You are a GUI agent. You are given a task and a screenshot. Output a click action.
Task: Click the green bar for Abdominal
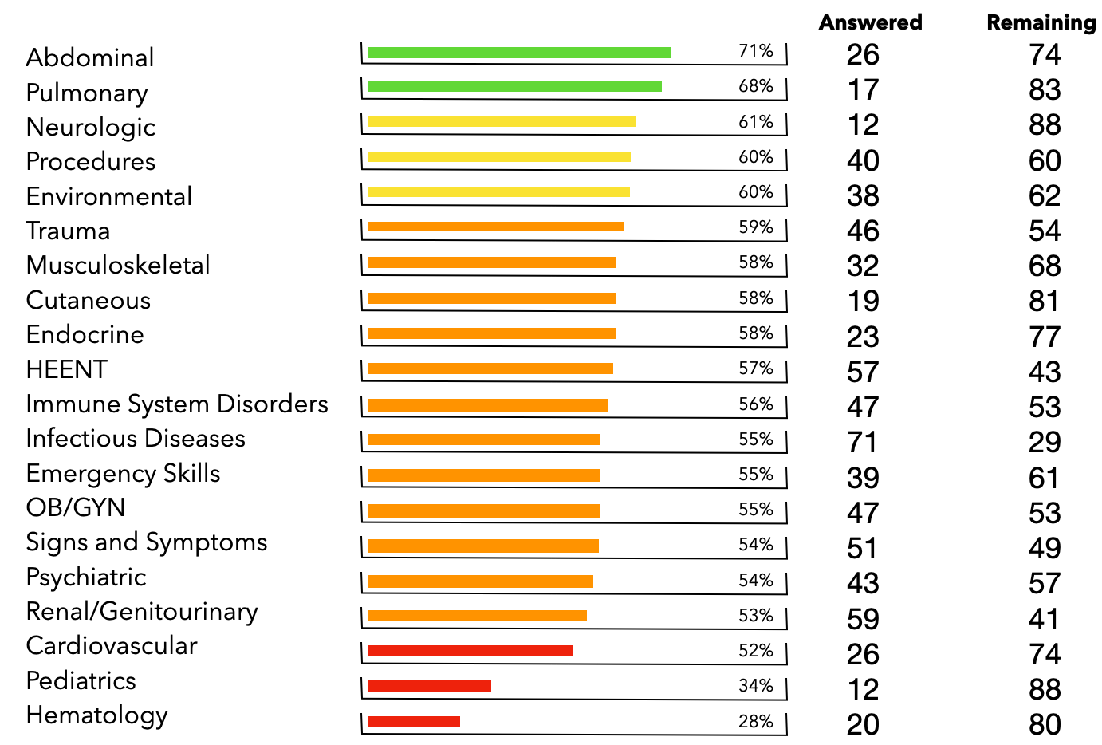click(519, 53)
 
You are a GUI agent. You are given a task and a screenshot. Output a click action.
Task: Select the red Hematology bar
click(414, 722)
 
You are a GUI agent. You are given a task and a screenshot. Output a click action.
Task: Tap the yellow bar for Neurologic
click(502, 122)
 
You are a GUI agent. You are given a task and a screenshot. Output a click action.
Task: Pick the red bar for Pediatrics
click(430, 686)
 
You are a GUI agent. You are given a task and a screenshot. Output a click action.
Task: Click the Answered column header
click(870, 22)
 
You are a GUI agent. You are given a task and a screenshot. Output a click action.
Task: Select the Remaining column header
click(1041, 22)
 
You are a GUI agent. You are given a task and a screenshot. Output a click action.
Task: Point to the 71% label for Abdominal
click(755, 51)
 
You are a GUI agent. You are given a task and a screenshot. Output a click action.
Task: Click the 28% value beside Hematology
click(755, 722)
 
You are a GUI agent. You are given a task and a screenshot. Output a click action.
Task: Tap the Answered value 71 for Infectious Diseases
click(863, 442)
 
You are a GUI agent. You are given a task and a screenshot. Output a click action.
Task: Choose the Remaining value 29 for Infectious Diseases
click(1045, 442)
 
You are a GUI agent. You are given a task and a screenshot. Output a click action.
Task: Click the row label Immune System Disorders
click(177, 404)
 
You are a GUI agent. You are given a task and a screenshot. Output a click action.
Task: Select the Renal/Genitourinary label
click(142, 612)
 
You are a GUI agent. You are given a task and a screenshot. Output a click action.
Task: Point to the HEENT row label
click(66, 369)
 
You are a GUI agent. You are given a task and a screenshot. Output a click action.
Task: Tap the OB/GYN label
click(76, 508)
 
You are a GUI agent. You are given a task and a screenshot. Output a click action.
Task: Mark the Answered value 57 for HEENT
click(863, 372)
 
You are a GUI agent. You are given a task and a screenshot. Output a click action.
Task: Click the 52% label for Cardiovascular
click(755, 651)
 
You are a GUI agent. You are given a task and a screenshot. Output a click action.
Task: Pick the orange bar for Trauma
click(496, 227)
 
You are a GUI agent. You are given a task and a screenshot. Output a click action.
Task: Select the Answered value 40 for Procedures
click(863, 160)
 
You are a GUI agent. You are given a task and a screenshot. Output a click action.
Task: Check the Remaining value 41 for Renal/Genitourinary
click(1045, 619)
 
